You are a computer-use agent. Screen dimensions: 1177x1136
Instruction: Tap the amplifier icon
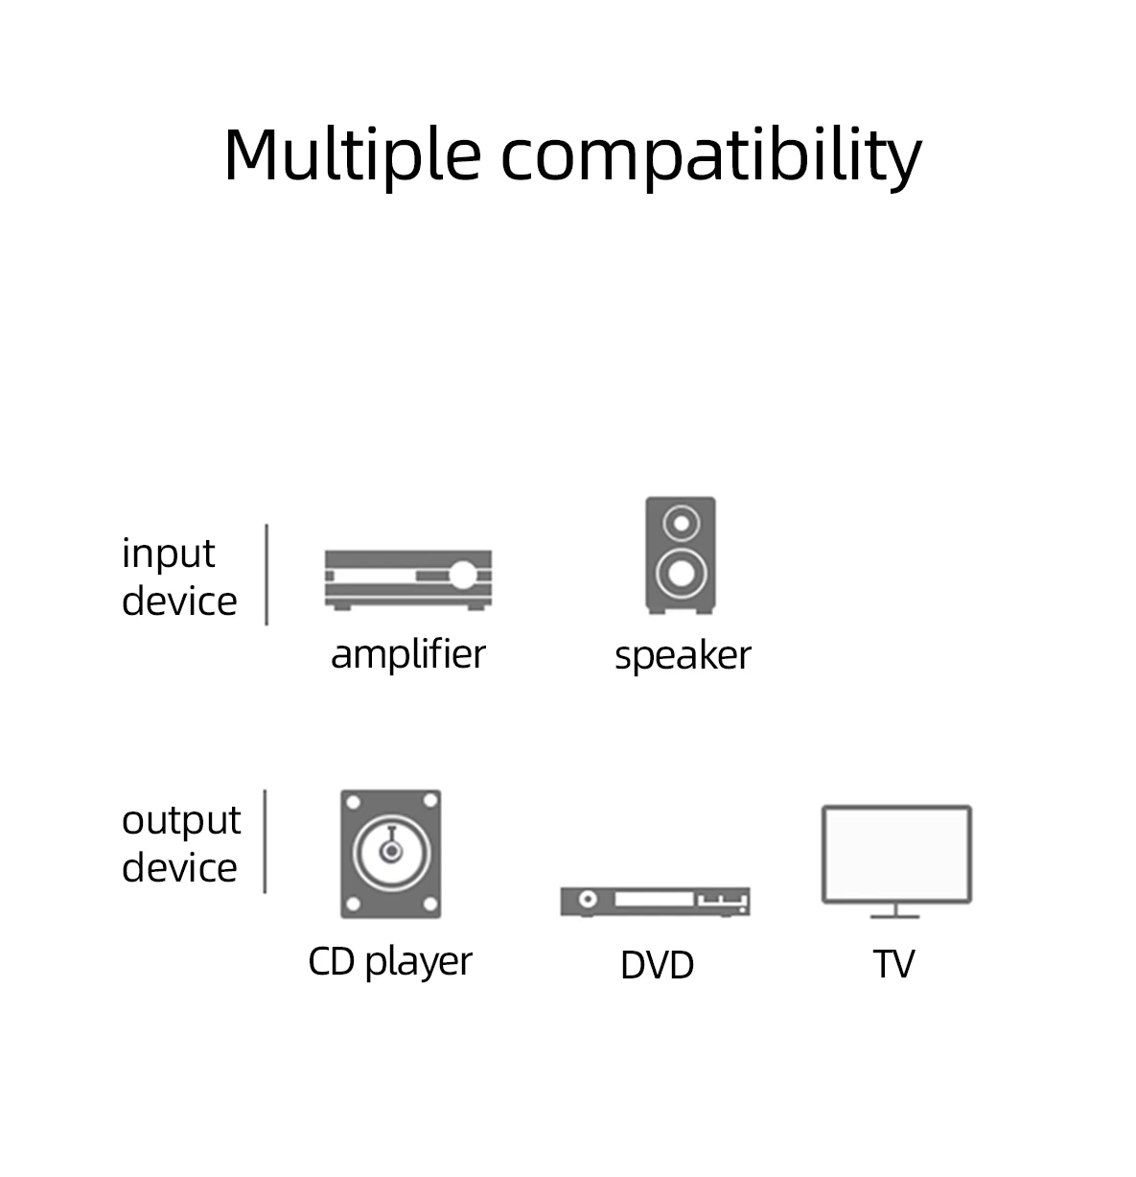point(407,579)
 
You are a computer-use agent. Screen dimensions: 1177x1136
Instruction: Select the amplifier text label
point(407,654)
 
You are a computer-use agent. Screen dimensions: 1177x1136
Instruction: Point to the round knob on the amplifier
point(462,576)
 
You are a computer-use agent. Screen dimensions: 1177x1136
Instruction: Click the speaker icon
point(680,554)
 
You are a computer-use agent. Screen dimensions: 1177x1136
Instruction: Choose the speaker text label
point(682,656)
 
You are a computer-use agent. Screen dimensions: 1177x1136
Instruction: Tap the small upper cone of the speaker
point(681,524)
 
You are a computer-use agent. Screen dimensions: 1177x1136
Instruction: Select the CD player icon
point(390,854)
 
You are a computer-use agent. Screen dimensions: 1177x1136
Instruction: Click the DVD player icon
point(655,901)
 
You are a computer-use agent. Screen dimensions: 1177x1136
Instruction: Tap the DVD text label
point(657,965)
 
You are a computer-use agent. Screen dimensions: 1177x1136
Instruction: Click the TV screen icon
point(896,854)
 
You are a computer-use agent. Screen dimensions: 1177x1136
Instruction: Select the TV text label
point(893,965)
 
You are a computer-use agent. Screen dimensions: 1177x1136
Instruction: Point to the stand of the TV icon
point(895,911)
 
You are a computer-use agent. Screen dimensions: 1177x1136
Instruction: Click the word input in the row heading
point(168,554)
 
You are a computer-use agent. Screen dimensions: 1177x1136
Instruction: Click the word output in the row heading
point(181,820)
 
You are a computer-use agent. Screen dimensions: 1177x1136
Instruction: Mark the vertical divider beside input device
point(267,575)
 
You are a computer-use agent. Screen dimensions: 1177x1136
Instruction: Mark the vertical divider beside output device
point(265,841)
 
